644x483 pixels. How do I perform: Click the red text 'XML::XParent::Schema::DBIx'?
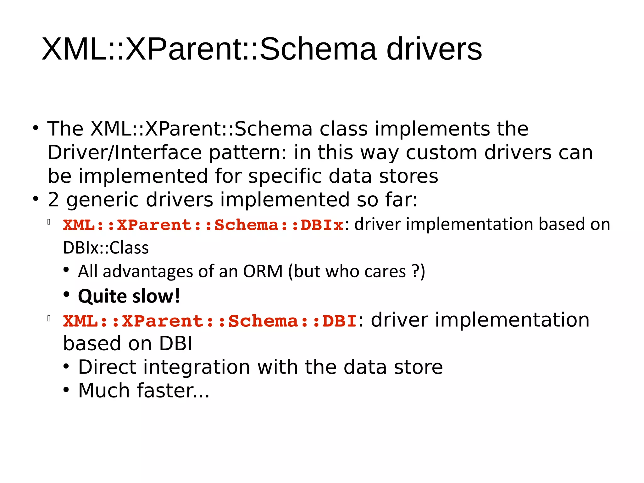tap(203, 225)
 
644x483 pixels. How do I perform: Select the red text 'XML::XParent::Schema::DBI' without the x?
tap(210, 321)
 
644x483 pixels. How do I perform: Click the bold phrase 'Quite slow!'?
tap(129, 296)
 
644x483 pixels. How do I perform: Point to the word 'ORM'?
tap(263, 271)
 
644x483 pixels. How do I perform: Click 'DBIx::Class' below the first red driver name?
tap(106, 248)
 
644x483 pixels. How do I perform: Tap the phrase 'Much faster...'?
tap(144, 391)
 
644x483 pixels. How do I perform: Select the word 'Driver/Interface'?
tap(125, 153)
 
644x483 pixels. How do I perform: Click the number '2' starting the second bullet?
tap(53, 200)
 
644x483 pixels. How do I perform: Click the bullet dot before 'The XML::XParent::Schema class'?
tap(36, 128)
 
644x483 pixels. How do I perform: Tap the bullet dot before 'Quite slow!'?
tap(66, 295)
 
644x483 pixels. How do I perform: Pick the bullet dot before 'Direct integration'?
tap(66, 367)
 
